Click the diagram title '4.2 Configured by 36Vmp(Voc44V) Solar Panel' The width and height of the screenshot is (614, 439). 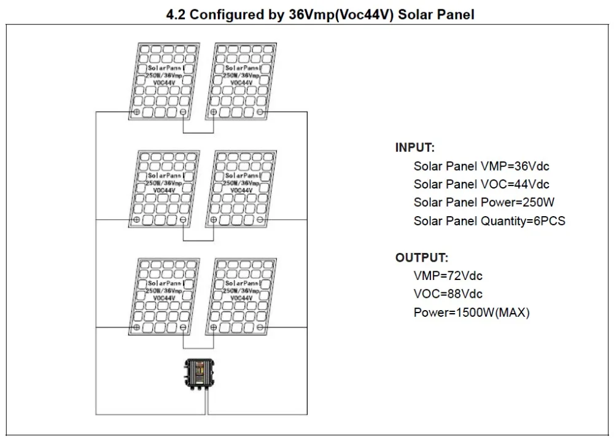pos(320,15)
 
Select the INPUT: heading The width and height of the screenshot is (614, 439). pos(414,147)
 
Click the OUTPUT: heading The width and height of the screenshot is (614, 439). pos(422,258)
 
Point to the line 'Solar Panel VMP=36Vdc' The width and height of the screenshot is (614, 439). pos(481,166)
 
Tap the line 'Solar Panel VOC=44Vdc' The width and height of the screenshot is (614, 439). pos(481,184)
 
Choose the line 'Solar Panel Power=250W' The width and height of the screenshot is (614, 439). pos(484,202)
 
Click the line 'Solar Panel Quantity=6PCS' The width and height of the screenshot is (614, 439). pos(489,221)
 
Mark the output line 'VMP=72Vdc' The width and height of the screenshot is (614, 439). pos(448,276)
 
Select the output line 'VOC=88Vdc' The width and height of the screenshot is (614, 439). pos(448,293)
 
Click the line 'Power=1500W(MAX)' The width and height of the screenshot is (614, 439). pos(472,313)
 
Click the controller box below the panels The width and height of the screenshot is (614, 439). pos(200,373)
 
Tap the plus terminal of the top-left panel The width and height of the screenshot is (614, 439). pos(137,112)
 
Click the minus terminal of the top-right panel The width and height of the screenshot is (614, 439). pos(260,112)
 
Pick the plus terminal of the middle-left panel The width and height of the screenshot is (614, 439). pos(137,220)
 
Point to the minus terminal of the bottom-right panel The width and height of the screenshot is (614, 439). pos(260,327)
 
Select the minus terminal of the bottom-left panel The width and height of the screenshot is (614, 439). pos(183,327)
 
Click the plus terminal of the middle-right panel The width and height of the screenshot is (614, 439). pos(214,220)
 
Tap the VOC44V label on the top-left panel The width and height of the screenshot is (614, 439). pos(164,83)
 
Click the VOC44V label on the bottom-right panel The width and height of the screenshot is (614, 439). pos(241,298)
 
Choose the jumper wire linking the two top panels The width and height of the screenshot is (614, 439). pos(198,133)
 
